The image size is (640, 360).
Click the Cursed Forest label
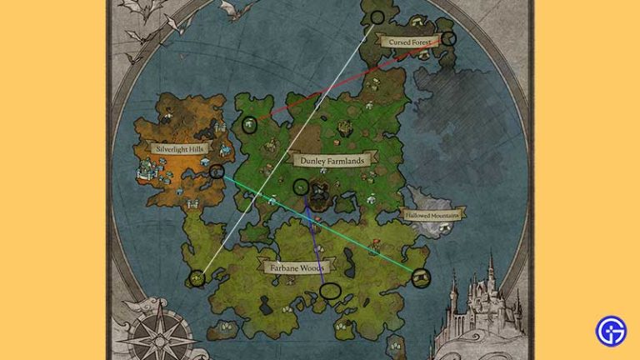406,41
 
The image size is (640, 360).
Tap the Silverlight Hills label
179,148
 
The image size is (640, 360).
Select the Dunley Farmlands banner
329,158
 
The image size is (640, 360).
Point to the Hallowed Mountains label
433,214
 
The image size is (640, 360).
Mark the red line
350,82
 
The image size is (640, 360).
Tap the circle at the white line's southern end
197,278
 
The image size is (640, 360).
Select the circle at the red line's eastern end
448,38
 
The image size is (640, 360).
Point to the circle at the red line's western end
248,125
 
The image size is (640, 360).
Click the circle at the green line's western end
217,172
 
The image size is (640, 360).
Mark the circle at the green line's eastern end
422,277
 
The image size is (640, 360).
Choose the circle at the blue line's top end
301,187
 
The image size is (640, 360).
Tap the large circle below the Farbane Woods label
331,291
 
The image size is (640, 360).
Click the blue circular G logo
611,331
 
